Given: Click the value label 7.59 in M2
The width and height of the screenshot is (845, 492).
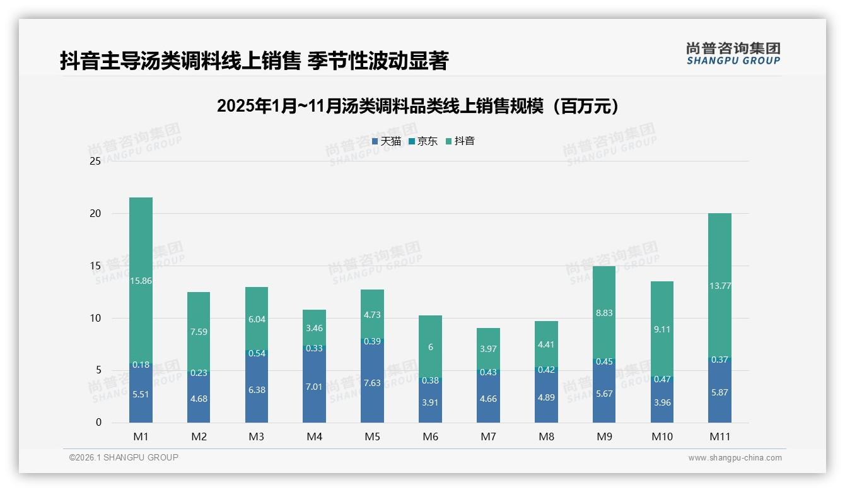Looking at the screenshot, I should [x=199, y=332].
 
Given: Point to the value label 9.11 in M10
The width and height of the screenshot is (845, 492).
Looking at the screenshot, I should [x=661, y=329].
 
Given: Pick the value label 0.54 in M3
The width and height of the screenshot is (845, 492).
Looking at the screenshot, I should [x=257, y=353].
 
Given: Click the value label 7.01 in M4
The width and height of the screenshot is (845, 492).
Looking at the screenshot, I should [x=314, y=387].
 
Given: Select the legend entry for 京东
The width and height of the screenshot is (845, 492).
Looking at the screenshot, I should [x=423, y=141].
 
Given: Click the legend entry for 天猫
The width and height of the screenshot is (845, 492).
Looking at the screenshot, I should [x=387, y=141].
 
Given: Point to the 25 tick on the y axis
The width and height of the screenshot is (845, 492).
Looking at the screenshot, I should [x=95, y=161].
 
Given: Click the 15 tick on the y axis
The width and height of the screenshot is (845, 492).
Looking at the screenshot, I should [x=95, y=266].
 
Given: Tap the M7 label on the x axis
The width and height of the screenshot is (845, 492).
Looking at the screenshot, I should [x=488, y=436].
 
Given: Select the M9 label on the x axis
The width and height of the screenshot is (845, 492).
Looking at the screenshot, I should [x=603, y=436].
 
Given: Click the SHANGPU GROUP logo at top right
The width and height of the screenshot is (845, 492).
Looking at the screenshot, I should [x=733, y=54].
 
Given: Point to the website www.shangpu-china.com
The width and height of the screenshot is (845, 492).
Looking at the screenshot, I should [x=735, y=458].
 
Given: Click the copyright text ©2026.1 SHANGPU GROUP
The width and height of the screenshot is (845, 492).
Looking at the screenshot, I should [x=124, y=457].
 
